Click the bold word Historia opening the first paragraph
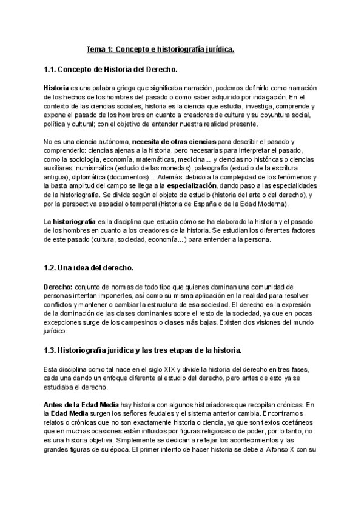point(56,88)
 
